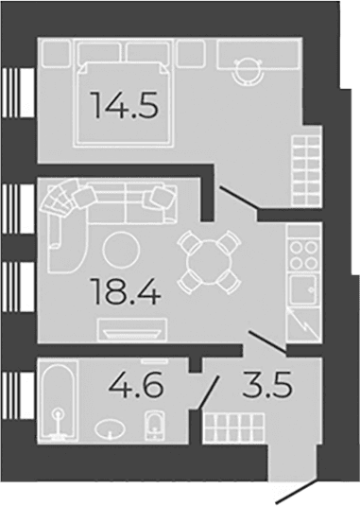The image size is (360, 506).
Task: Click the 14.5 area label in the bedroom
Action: [x=126, y=105]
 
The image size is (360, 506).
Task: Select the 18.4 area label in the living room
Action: [x=126, y=291]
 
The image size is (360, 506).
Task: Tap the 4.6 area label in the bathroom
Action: [x=136, y=384]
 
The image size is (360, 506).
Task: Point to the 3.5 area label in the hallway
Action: [x=267, y=384]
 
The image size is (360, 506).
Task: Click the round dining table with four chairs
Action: [x=210, y=262]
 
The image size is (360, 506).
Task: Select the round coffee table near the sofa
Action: [x=122, y=251]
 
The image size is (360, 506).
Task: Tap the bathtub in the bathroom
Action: [x=59, y=401]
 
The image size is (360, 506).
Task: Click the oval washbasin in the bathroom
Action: [x=111, y=428]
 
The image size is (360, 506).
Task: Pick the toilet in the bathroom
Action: [x=155, y=425]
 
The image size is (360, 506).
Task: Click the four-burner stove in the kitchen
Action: [x=303, y=255]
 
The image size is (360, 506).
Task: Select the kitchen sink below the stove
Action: [x=303, y=289]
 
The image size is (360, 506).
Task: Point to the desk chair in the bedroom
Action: [x=249, y=71]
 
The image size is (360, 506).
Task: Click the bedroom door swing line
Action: [x=238, y=197]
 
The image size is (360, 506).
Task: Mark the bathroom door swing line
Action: [x=208, y=392]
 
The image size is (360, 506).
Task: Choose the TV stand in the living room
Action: [x=132, y=329]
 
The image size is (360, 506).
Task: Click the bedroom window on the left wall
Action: [x=18, y=93]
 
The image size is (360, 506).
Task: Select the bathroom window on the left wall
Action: [x=18, y=395]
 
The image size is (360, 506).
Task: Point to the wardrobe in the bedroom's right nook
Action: [x=306, y=170]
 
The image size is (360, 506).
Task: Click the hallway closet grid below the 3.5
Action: [x=234, y=427]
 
